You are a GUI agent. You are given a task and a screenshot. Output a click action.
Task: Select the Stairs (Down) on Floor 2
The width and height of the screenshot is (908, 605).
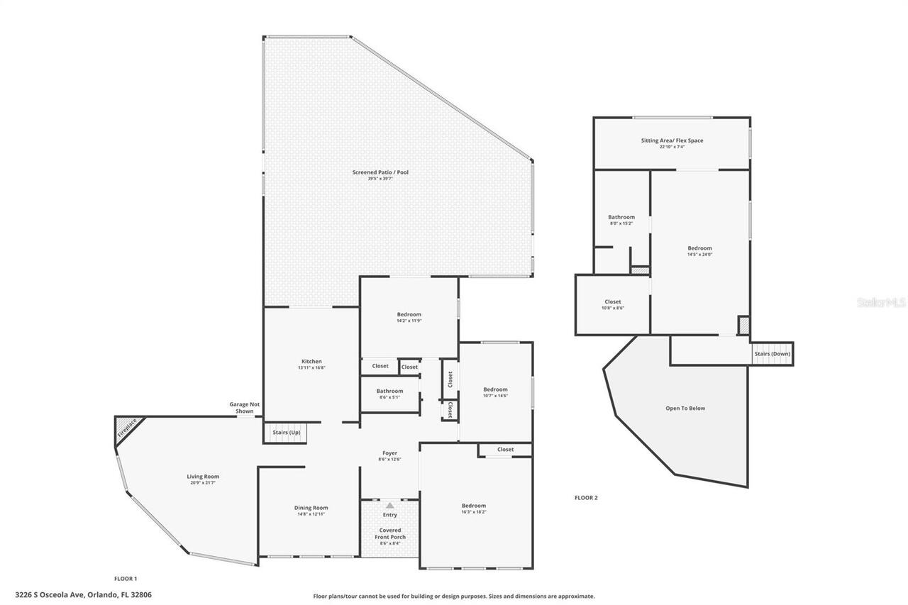click(772, 353)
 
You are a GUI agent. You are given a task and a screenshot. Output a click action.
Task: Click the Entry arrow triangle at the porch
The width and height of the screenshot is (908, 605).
click(389, 505)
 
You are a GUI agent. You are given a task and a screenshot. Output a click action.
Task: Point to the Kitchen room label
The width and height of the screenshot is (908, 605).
click(311, 362)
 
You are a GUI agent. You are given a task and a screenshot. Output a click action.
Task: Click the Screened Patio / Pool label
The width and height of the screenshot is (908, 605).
click(380, 172)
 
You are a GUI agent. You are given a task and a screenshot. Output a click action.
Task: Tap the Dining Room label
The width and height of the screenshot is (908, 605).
click(311, 508)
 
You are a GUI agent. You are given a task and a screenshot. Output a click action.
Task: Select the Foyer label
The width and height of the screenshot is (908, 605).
click(389, 453)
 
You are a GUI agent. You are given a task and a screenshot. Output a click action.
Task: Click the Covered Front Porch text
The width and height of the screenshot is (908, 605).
click(390, 533)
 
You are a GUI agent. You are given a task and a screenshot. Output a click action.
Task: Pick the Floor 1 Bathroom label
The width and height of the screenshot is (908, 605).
click(389, 391)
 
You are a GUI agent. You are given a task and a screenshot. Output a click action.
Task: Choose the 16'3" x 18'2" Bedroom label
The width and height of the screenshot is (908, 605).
click(474, 506)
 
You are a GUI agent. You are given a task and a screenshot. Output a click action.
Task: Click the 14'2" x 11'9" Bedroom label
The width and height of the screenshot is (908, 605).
click(409, 315)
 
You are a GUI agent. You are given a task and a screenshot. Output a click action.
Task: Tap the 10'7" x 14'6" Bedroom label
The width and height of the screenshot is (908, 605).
click(495, 389)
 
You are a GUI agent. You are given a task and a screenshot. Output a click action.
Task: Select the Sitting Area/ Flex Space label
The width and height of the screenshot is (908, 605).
click(672, 140)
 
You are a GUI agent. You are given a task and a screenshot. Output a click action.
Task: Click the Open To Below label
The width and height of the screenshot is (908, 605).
click(685, 409)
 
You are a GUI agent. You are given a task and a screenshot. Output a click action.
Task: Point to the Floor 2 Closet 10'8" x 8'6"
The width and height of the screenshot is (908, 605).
click(612, 302)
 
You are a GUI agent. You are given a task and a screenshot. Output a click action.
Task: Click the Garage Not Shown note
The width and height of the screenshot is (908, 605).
click(244, 407)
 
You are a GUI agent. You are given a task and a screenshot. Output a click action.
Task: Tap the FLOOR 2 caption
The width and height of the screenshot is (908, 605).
click(586, 498)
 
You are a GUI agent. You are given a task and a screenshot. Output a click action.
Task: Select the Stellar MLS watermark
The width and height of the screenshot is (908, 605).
click(881, 302)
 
